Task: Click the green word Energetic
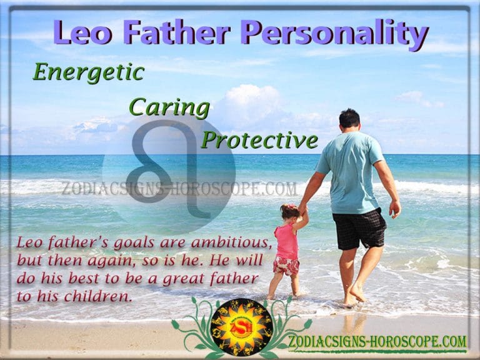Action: click(88, 73)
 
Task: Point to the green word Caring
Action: click(169, 108)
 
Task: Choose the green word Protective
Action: click(259, 141)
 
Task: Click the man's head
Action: click(349, 119)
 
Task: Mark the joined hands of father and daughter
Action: click(303, 211)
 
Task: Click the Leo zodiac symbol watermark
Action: click(169, 169)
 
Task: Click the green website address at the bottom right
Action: click(377, 342)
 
